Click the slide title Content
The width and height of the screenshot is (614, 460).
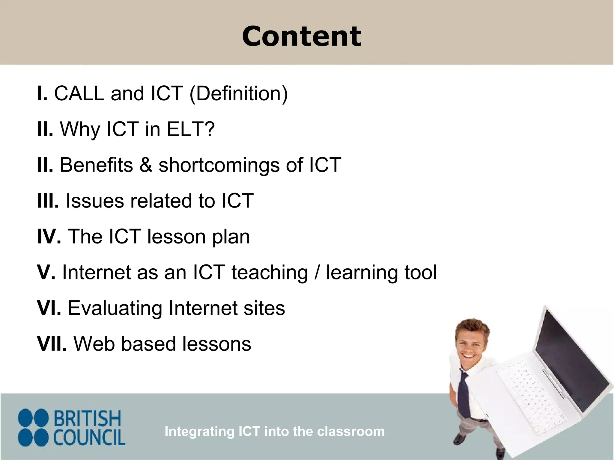(x=302, y=37)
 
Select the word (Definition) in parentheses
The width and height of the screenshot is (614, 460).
(x=239, y=94)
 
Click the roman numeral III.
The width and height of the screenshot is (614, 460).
(x=47, y=201)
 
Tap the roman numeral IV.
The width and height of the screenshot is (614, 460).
(x=49, y=236)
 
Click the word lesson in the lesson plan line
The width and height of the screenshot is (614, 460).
(x=176, y=236)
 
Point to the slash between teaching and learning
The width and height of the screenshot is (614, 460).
(x=317, y=273)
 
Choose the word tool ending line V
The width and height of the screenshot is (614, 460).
(x=420, y=272)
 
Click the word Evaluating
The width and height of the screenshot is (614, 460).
(x=115, y=308)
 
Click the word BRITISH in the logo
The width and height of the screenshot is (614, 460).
(x=87, y=418)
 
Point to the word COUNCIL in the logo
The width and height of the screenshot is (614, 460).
(x=89, y=437)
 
